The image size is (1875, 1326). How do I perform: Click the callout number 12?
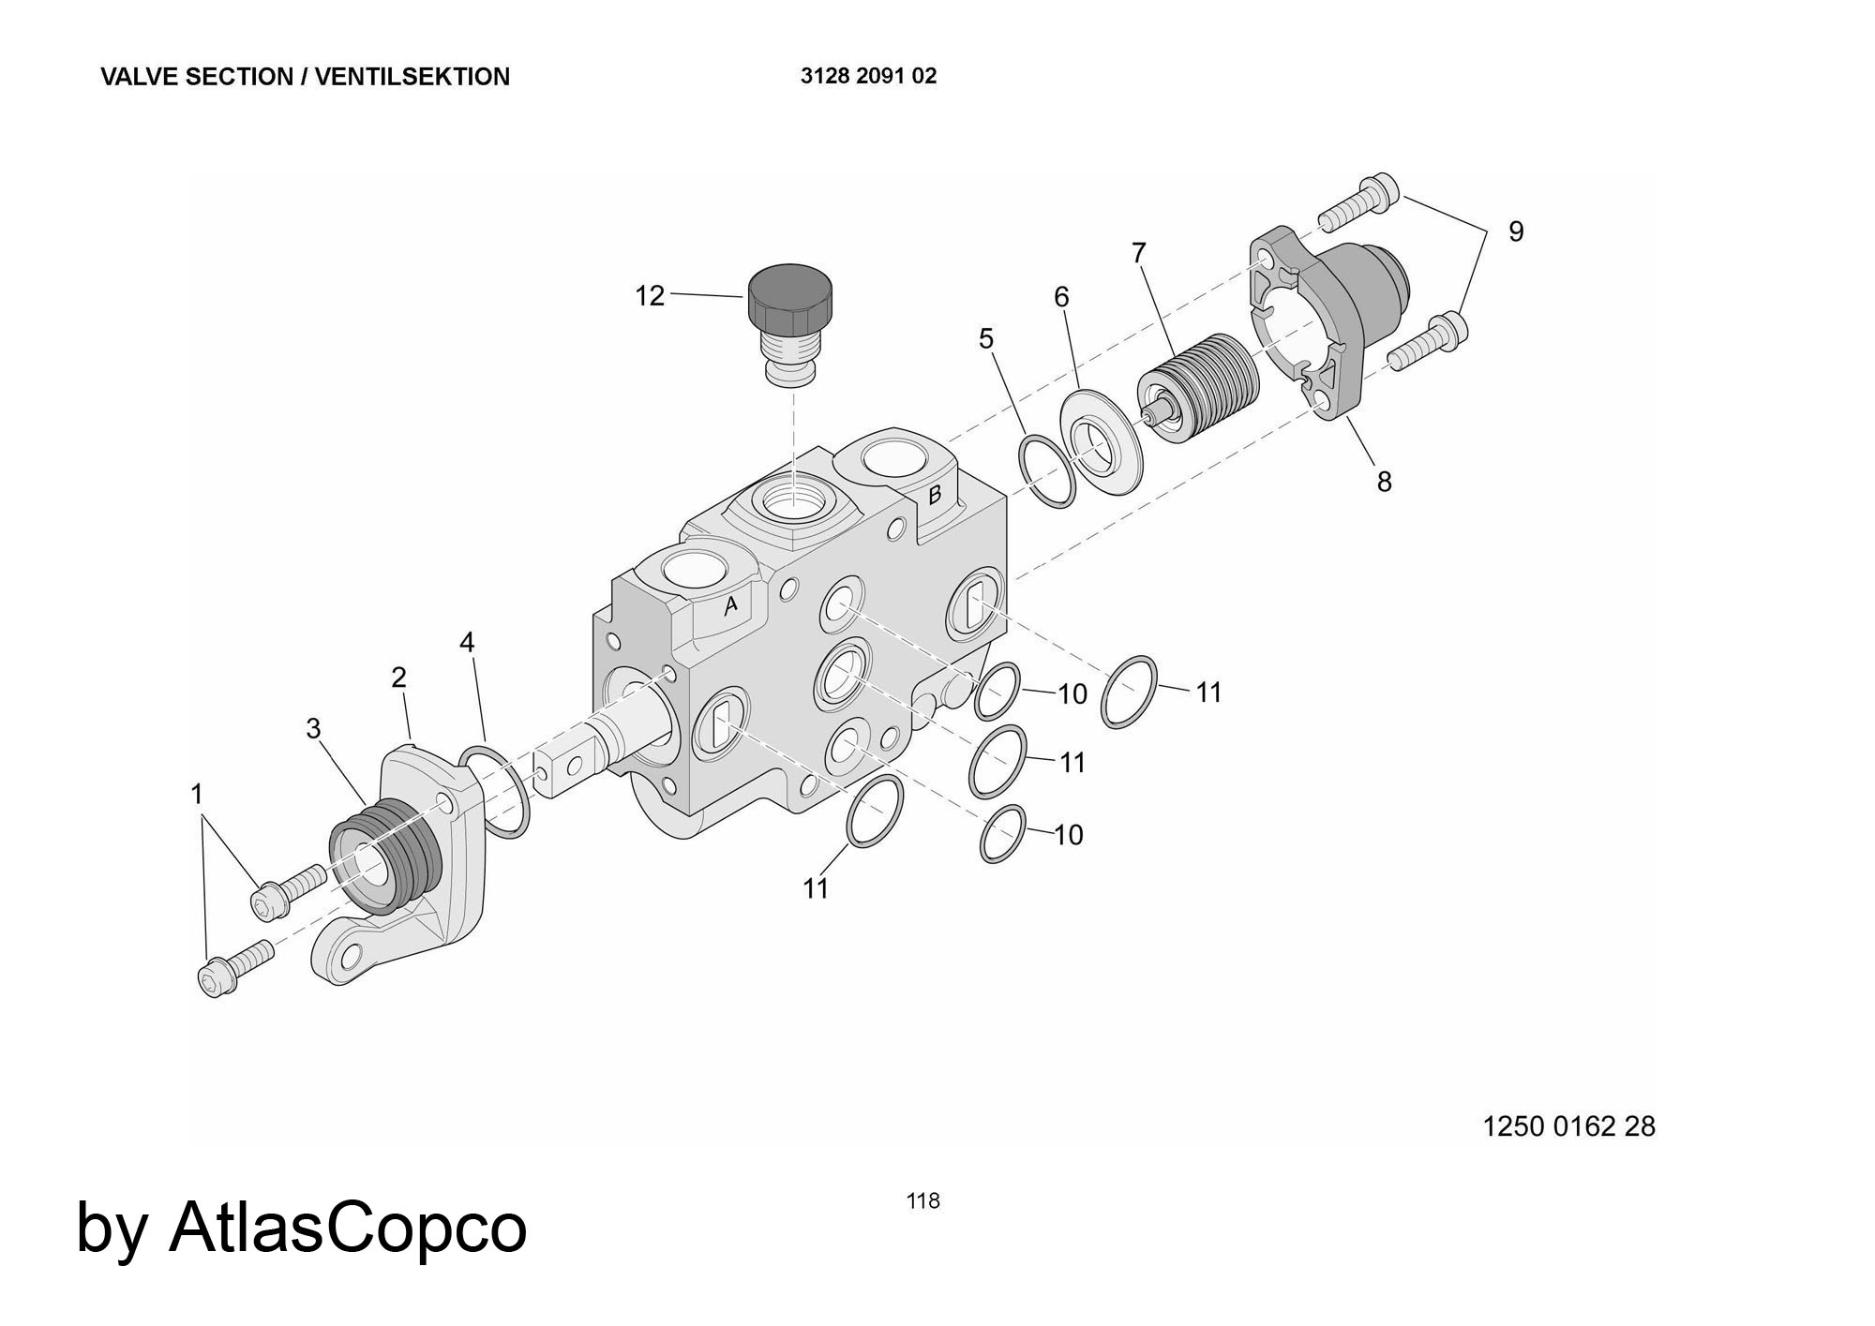click(650, 296)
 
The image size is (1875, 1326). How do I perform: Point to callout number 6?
click(1061, 297)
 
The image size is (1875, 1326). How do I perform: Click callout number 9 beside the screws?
click(1516, 231)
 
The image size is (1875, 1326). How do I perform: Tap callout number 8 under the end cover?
click(1384, 482)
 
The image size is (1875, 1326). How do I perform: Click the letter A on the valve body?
click(731, 606)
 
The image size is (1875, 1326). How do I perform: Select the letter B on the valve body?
click(935, 495)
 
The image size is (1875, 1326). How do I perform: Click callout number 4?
click(467, 643)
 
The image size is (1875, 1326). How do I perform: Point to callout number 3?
click(313, 728)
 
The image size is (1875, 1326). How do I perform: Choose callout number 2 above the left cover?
click(398, 677)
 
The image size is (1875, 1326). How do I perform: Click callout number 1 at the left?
click(197, 795)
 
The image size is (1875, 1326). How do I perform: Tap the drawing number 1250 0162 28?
click(1568, 1125)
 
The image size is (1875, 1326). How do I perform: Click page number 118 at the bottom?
click(922, 1200)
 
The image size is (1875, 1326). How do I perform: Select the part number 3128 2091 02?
click(868, 76)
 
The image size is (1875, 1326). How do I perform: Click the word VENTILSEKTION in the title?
click(412, 77)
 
